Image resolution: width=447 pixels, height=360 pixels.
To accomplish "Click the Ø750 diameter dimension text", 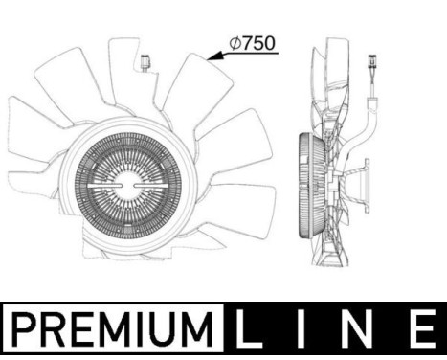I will point(252,43).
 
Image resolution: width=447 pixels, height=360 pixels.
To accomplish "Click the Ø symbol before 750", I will point(235,43).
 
